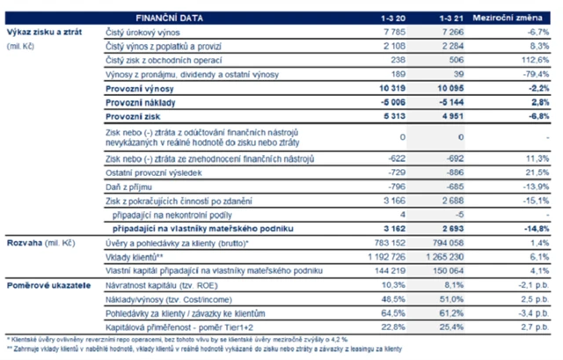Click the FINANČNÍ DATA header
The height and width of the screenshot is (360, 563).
172,17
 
